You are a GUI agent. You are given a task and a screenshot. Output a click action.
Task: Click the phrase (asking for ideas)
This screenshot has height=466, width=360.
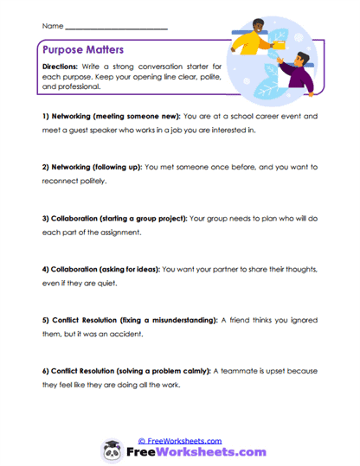(154, 268)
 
